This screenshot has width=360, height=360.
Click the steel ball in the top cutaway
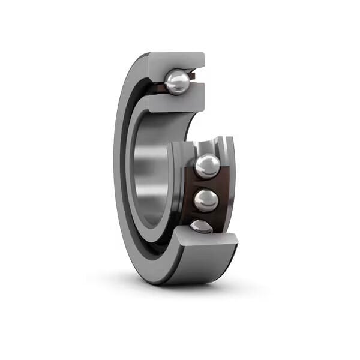coord(178,82)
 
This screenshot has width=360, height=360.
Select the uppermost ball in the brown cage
coord(207,166)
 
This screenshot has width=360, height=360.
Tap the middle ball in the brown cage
coord(206,200)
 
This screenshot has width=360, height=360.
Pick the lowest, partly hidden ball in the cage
coord(201,226)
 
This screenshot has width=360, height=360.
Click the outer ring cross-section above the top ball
coord(177,61)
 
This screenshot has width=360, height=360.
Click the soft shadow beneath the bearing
coord(180,287)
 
